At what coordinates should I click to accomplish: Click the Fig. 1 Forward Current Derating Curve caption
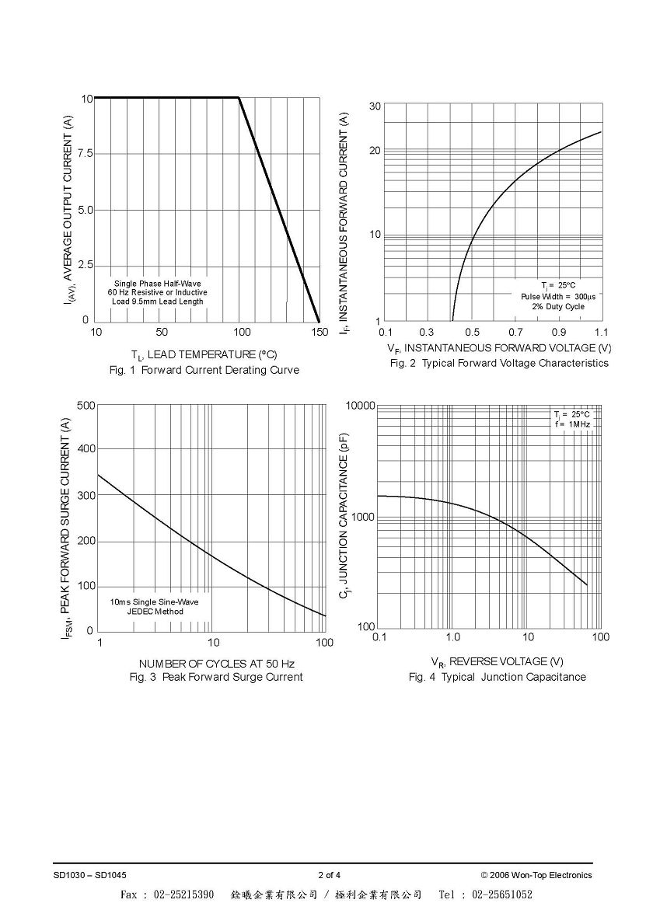(x=204, y=370)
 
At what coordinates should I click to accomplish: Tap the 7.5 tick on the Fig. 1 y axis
(x=86, y=154)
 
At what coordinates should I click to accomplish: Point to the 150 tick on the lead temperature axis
(x=320, y=332)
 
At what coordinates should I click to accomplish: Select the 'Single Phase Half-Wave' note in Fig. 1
(x=157, y=284)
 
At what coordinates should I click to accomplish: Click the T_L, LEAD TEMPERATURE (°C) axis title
(x=204, y=354)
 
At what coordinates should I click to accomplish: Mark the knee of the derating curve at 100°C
(x=239, y=98)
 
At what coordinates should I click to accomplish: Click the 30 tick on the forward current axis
(x=375, y=106)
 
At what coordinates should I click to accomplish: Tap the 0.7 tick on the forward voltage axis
(x=515, y=333)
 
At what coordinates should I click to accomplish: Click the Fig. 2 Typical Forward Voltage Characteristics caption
(x=499, y=363)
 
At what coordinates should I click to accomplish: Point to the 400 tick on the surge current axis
(x=86, y=449)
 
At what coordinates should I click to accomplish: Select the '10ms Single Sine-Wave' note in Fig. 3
(x=155, y=601)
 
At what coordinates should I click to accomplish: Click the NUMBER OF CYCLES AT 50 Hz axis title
(x=217, y=664)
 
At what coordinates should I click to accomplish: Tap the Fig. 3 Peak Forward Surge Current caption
(x=216, y=677)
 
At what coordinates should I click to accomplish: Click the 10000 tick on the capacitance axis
(x=360, y=406)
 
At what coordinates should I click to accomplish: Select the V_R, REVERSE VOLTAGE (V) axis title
(x=497, y=662)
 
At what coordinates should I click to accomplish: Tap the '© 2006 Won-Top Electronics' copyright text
(x=536, y=875)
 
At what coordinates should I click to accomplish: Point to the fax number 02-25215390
(x=184, y=894)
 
